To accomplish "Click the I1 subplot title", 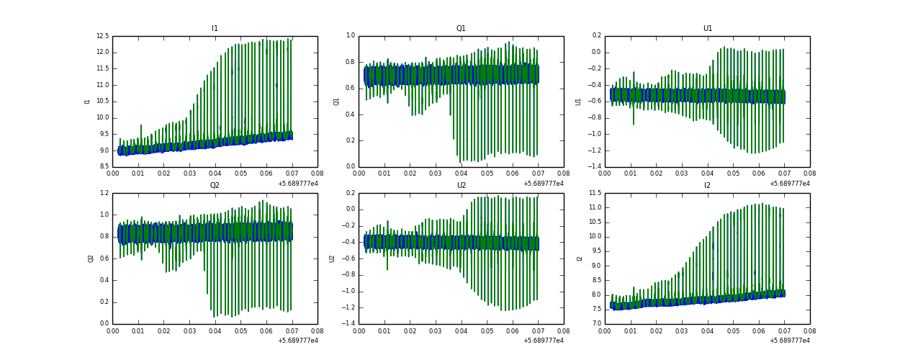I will [x=215, y=29].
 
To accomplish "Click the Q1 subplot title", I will [x=461, y=29].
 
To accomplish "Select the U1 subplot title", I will [x=707, y=29].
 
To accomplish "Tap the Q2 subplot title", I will [x=215, y=186].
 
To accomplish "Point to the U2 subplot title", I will [x=461, y=186].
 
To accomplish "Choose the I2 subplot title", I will [x=707, y=186].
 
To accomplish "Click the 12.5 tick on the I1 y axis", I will [x=102, y=36].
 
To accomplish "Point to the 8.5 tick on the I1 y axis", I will [x=103, y=167].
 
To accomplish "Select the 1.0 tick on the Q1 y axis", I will [x=350, y=36].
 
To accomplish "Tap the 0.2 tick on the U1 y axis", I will [x=596, y=36].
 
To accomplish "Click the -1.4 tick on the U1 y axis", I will [x=594, y=167].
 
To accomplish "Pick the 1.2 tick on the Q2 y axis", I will [x=104, y=193].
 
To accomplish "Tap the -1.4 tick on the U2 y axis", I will [x=348, y=324].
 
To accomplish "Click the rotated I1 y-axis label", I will [x=87, y=102].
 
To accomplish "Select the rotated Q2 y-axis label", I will [x=91, y=258].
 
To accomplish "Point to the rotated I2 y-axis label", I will [x=580, y=258].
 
